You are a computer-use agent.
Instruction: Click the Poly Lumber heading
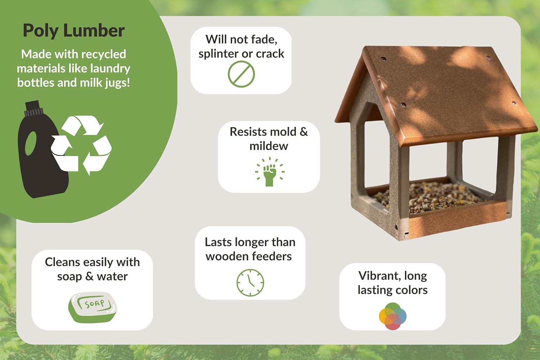coord(74,31)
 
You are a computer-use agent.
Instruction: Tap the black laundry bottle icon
coord(41,149)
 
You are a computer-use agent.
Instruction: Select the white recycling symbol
coord(81,145)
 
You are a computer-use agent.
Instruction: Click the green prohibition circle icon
coord(241,74)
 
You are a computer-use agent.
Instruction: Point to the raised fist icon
coord(270,172)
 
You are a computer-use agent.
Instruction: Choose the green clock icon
coord(250,283)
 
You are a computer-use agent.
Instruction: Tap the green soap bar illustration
coord(93,307)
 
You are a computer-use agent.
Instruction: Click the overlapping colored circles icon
coord(393,316)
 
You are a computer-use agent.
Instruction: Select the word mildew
coord(269,146)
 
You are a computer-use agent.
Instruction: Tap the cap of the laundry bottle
coord(33,108)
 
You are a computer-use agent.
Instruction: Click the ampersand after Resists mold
coord(304,132)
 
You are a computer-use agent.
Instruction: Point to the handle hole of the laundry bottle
coord(31,144)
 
